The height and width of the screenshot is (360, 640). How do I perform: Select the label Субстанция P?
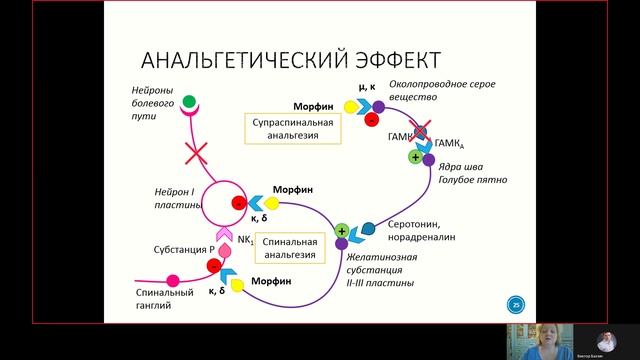pos(184,249)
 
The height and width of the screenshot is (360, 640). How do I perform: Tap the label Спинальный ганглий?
pos(163,298)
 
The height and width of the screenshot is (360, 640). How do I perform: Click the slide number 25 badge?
pos(517,304)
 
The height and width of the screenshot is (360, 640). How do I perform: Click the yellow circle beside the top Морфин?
pos(350,106)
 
